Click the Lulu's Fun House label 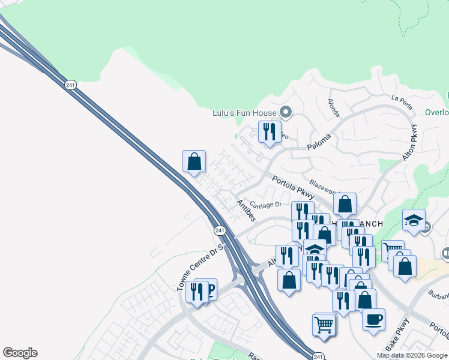tap(244, 113)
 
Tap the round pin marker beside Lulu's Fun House tap(286, 112)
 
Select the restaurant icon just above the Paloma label tap(269, 131)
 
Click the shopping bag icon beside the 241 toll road tap(194, 161)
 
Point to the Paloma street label tap(319, 142)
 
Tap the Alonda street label tap(333, 108)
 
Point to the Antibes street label tap(246, 211)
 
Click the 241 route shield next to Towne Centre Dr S tap(220, 230)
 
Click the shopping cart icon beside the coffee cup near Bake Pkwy tap(324, 325)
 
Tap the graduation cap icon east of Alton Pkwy tap(414, 220)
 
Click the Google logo tap(20, 353)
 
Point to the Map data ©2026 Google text tap(412, 355)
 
